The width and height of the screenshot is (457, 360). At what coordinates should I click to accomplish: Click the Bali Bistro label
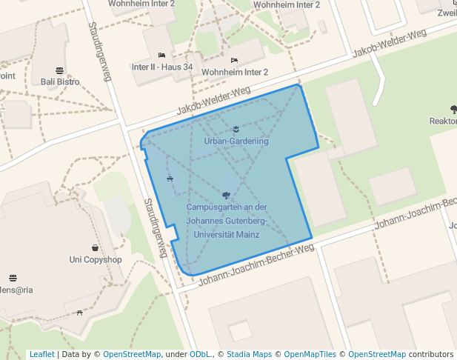pos(60,81)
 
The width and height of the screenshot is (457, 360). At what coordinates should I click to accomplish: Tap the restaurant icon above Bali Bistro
pos(59,71)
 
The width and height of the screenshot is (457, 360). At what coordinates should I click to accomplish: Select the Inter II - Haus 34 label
pos(161,67)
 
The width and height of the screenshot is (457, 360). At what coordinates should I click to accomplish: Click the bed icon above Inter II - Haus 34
pos(161,56)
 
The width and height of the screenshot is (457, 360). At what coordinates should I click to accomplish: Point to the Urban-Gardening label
pos(236,141)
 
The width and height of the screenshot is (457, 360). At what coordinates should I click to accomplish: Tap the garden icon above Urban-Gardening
pos(236,130)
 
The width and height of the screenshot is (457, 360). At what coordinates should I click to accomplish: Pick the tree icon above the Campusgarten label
pos(226,196)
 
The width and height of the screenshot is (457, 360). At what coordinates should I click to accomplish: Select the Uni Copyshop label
pos(95,259)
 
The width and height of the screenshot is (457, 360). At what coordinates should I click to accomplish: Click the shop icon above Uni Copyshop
pos(95,248)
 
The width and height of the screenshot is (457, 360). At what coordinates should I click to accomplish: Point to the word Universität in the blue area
pos(213,234)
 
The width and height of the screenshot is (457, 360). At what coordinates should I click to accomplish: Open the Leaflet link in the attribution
pos(41,355)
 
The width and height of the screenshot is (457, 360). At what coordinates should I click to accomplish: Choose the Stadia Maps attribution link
pos(249,355)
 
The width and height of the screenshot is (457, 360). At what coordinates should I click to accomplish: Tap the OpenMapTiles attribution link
pos(310,355)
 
